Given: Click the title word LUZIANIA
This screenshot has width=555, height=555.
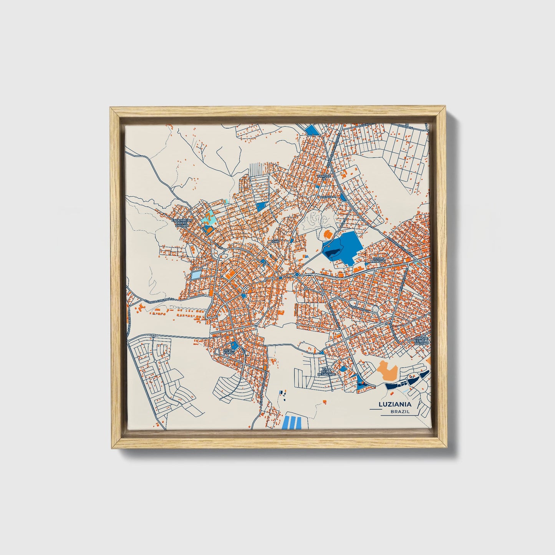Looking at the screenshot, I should (x=395, y=404).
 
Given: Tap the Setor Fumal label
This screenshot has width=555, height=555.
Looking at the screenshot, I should (x=229, y=352).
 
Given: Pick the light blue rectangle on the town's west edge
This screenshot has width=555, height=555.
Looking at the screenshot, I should (x=196, y=275).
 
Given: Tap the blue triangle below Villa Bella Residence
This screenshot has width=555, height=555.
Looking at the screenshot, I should (x=360, y=383).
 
